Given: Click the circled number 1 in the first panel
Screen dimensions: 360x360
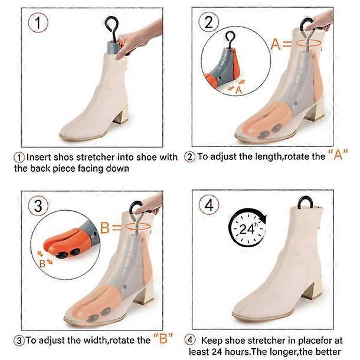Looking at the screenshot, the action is coord(38,23).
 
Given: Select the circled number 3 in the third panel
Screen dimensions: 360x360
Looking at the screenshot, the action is coord(38,206).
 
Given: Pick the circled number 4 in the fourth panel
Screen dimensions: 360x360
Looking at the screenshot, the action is coord(209,205).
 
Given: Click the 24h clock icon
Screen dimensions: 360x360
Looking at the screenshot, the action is coord(247,227).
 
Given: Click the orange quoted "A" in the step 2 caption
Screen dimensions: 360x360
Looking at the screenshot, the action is coord(338,155).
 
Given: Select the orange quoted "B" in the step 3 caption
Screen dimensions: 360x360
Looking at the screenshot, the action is coord(163,338).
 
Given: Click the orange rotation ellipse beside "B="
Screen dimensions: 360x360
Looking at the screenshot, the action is coord(138,226).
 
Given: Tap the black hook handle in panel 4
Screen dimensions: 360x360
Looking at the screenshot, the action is coord(305,202).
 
